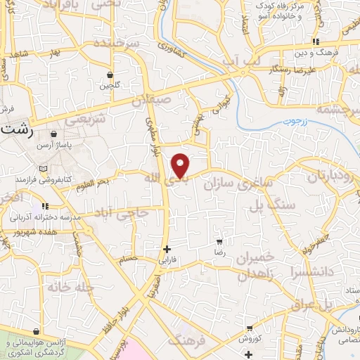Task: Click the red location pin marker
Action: pos(181,165)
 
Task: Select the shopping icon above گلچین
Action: pos(110,75)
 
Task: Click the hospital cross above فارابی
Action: pos(167,249)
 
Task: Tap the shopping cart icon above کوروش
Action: pos(249,328)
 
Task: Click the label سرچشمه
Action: pos(337,109)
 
